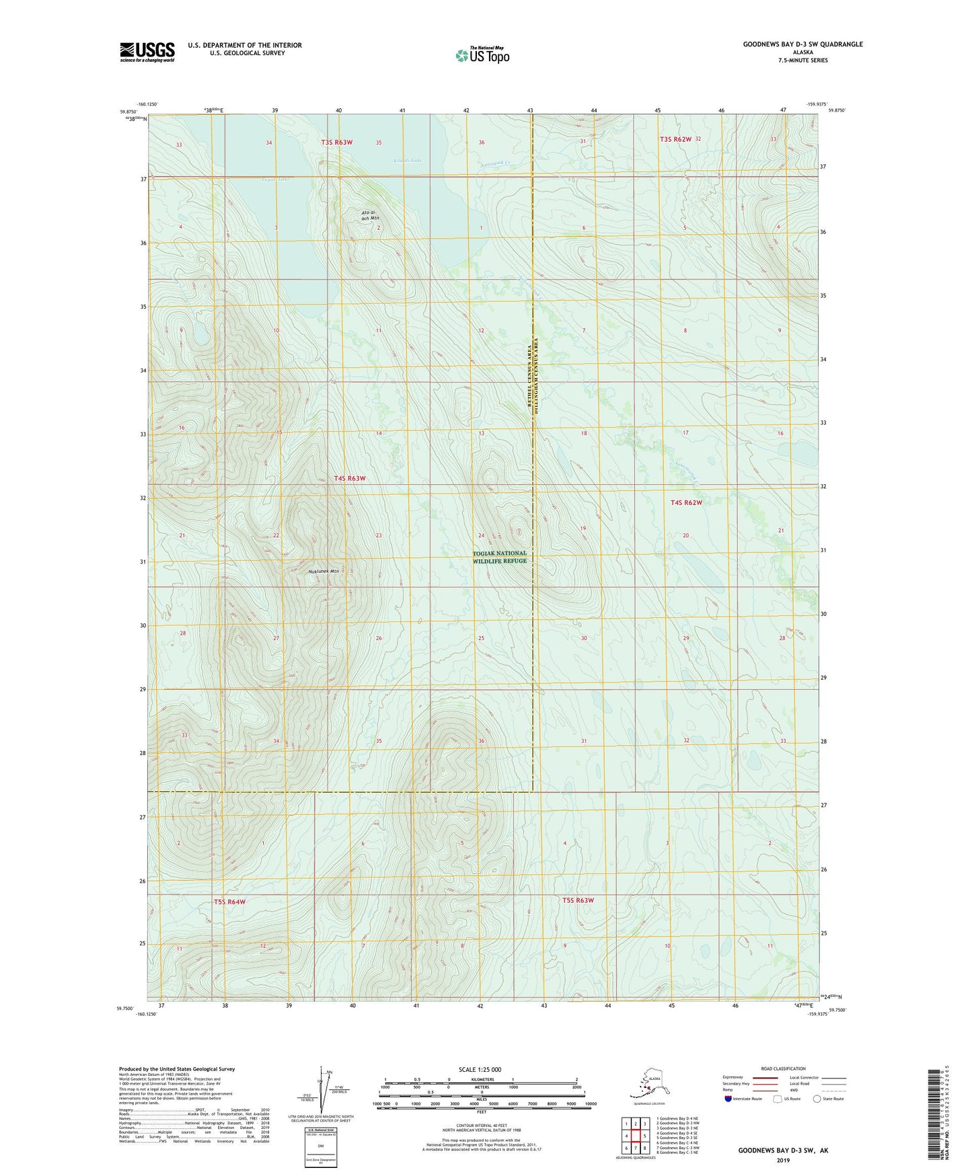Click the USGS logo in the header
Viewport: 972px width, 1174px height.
click(147, 52)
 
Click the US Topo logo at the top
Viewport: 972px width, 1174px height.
click(482, 55)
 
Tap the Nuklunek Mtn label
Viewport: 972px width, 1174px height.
click(324, 572)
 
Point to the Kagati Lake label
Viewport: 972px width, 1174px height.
click(408, 161)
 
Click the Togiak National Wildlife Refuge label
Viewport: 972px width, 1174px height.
click(499, 557)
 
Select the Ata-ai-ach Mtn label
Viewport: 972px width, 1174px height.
click(370, 215)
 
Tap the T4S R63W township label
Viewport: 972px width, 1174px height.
click(350, 478)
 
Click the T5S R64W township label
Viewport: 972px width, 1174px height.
click(229, 902)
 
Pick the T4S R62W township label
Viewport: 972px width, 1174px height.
click(685, 502)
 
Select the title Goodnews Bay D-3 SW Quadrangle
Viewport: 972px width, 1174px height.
click(802, 44)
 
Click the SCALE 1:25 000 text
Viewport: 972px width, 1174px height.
click(480, 1070)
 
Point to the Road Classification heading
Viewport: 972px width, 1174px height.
click(783, 1068)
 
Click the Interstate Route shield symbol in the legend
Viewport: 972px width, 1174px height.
click(728, 1099)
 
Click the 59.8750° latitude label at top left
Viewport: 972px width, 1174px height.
click(128, 112)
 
